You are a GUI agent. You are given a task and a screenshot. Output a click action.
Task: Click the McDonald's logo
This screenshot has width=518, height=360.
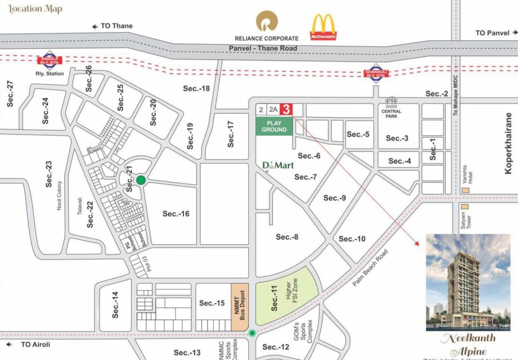323,27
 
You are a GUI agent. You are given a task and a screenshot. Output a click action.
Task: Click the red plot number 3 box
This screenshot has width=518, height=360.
286,109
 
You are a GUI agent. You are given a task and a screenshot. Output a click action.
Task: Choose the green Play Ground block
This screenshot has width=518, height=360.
274,127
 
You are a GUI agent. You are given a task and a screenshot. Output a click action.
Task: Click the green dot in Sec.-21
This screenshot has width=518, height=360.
141,180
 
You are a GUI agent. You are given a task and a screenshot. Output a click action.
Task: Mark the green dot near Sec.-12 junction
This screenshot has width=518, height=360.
252,333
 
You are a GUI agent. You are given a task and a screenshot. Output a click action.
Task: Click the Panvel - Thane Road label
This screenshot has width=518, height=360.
263,48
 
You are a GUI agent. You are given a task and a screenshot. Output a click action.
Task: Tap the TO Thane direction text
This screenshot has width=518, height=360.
113,26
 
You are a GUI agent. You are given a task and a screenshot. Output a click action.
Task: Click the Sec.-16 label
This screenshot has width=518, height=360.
176,214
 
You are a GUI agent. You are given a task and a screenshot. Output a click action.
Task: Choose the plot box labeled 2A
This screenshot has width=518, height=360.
273,110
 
